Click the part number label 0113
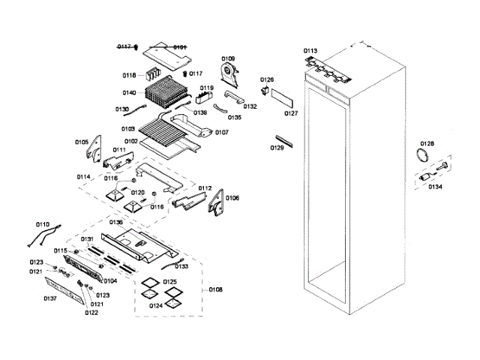pos(310,51)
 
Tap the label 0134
pos(436,187)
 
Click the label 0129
pos(277,148)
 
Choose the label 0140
pos(129,94)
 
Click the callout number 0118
pos(129,76)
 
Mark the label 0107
pos(221,132)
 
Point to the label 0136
pos(116,222)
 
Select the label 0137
pos(50,298)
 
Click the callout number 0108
pos(215,289)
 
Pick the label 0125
pos(171,282)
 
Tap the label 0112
pos(205,188)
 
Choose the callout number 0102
pos(130,141)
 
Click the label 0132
pos(250,106)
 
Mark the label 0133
pos(181,266)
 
